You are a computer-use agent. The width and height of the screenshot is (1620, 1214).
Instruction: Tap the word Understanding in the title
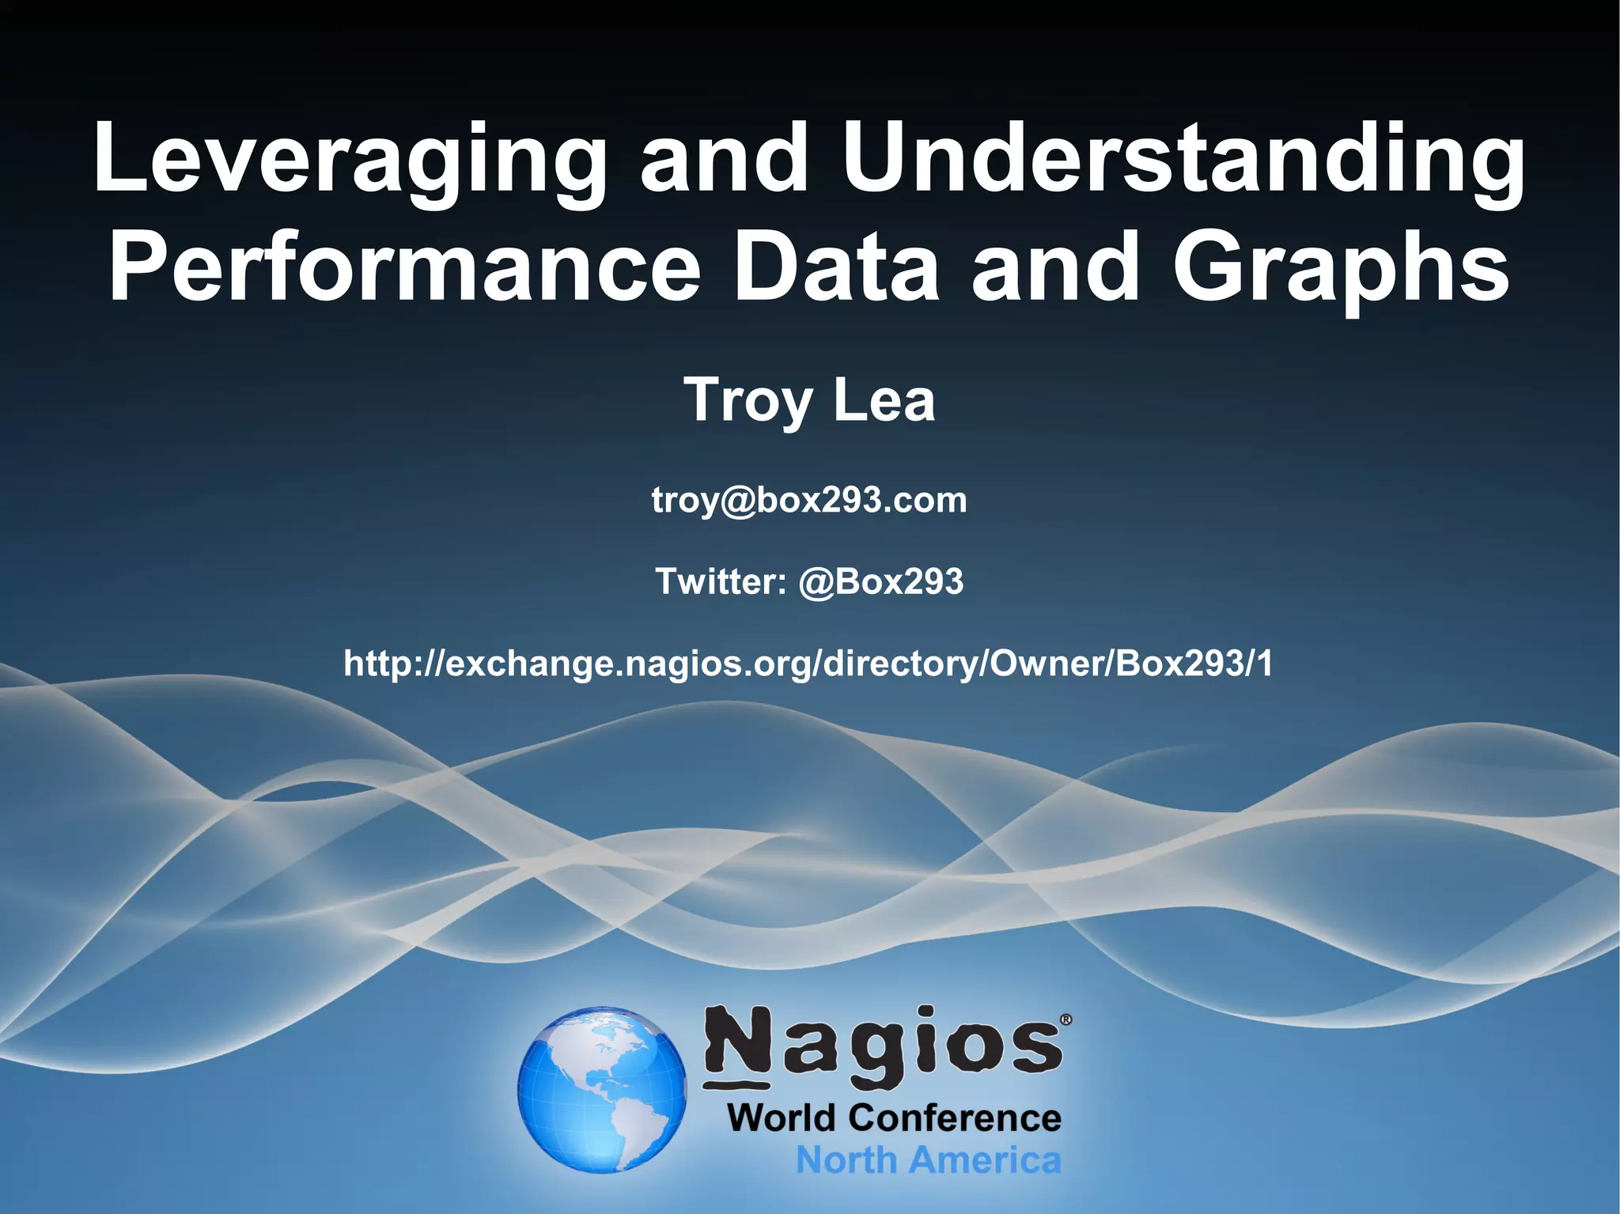tap(1183, 162)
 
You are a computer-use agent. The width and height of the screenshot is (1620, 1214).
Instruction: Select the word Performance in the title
tap(404, 269)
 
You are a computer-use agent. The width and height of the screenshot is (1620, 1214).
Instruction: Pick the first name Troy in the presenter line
tap(748, 402)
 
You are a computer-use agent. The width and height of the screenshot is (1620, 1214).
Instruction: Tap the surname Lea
tap(884, 400)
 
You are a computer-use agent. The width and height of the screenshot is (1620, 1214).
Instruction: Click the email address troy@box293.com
tap(809, 501)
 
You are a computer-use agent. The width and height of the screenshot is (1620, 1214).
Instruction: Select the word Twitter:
tap(721, 581)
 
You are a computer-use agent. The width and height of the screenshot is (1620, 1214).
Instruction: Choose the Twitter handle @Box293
tap(881, 581)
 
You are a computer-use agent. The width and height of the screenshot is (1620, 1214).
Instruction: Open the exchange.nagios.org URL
tap(808, 663)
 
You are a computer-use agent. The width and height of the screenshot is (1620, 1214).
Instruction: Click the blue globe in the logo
tap(602, 1089)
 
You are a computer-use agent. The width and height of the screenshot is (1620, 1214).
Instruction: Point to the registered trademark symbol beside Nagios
tap(1065, 1020)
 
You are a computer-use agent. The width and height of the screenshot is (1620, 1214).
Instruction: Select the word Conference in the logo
tap(955, 1118)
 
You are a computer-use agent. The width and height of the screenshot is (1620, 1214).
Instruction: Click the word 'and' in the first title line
tap(725, 162)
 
